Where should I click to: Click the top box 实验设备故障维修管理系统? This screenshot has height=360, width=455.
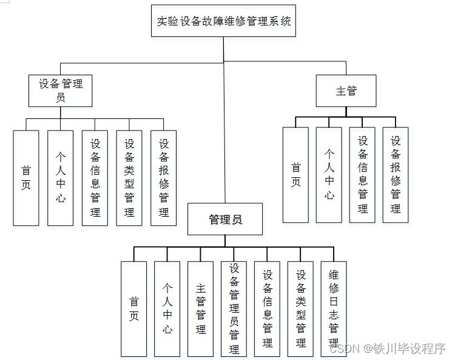pos(223,21)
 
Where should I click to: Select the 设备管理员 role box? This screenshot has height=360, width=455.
pos(61,90)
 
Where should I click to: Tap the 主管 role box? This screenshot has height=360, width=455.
pos(346,91)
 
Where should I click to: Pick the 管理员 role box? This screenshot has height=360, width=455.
pos(225,219)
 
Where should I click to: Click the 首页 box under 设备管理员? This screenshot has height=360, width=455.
pos(25,178)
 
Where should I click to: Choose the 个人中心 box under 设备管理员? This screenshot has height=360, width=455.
pos(60,178)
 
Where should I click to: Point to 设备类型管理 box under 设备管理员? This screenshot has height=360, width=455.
pos(129,178)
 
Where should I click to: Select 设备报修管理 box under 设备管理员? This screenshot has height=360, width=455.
pos(163,178)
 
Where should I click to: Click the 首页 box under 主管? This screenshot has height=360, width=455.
pos(295,175)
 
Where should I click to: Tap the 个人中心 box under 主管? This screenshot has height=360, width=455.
pos(329,175)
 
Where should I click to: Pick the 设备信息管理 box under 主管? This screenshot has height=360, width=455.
pos(362,175)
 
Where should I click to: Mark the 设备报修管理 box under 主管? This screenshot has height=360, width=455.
pos(396,175)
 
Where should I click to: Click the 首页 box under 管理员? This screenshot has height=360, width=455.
pos(133,308)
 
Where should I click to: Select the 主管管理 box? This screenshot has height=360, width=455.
pos(201,308)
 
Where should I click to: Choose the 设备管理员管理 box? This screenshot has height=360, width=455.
pos(234,308)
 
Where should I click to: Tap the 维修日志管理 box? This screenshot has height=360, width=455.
pos(334,308)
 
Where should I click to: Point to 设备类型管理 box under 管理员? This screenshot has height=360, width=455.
pos(301,308)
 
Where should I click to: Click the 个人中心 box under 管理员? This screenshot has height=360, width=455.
pos(167,308)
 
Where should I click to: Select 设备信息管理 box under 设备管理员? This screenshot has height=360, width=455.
pos(95,178)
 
